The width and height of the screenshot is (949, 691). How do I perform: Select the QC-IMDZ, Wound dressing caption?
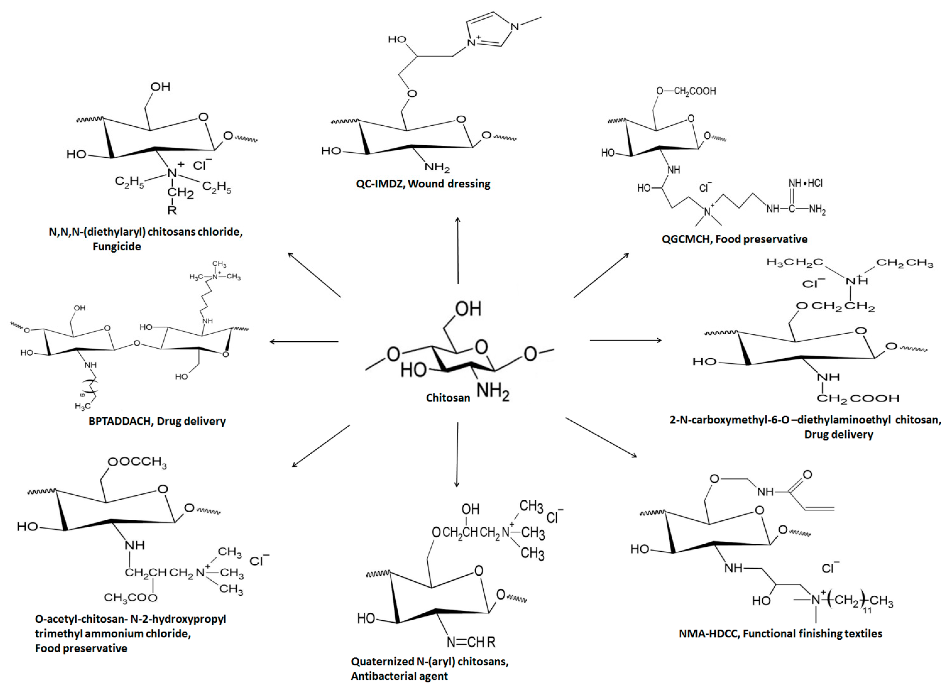423,184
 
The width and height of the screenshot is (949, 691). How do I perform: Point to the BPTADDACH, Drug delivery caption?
157,421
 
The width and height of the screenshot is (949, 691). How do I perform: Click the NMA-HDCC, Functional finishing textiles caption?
780,633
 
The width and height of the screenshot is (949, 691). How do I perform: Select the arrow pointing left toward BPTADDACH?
303,341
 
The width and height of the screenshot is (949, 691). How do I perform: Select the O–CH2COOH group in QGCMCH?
686,91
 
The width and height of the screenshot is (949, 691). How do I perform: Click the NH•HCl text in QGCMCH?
806,183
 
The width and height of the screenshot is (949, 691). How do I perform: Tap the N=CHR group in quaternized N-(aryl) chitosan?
471,642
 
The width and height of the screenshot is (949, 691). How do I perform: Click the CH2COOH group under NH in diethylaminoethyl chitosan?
858,398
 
